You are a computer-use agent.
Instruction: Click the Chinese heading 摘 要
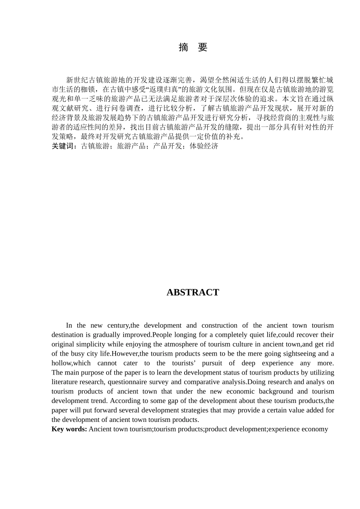pyautogui.click(x=193, y=48)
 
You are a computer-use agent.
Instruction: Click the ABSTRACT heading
pyautogui.click(x=193, y=292)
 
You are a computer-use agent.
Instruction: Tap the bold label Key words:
pyautogui.click(x=69, y=429)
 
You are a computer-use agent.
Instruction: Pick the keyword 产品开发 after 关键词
pyautogui.click(x=167, y=146)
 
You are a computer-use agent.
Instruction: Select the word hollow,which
pyautogui.click(x=71, y=363)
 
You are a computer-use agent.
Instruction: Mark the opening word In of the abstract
pyautogui.click(x=69, y=325)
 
